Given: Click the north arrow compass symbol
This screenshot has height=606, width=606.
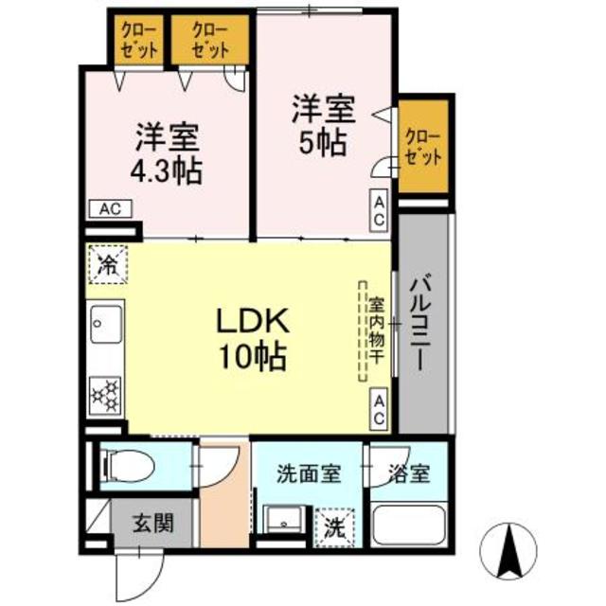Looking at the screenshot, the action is tap(508, 552).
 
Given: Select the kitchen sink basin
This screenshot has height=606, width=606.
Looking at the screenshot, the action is tap(106, 324).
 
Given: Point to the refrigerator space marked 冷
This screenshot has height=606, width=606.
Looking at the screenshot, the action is tap(107, 265).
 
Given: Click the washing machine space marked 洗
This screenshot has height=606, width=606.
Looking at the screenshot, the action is tap(334, 527).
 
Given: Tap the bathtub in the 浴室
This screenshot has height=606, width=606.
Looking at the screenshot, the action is tap(408, 525).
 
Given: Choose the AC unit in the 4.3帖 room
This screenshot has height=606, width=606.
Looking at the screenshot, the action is tap(111, 208).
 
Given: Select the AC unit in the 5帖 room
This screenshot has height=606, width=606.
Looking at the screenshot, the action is tap(379, 211).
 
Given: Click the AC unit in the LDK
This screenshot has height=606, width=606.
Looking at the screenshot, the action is tap(379, 408).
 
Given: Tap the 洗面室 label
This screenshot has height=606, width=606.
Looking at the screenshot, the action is tap(309, 473).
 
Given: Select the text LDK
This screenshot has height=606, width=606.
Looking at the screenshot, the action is tap(253, 321).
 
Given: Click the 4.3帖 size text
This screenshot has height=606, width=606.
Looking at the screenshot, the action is tap(167, 170).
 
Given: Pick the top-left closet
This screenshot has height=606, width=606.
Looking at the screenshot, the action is tap(139, 40).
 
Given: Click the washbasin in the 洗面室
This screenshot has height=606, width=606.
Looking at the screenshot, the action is tap(284, 519).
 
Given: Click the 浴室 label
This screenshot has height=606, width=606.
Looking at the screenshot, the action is tap(409, 473).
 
